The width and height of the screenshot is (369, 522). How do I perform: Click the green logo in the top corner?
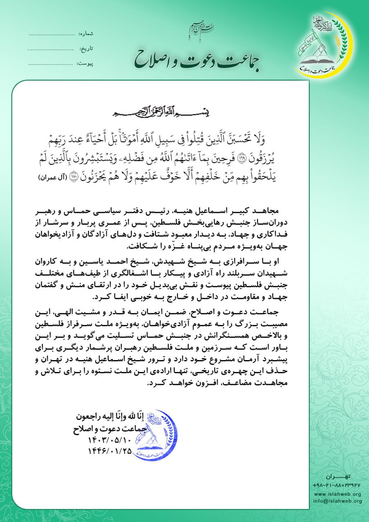[325, 45]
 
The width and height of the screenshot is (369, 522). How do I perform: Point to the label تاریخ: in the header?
[87, 49]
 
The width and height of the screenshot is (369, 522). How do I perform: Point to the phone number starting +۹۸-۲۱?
[337, 486]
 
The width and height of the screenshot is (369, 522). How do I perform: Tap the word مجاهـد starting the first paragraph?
[268, 213]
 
